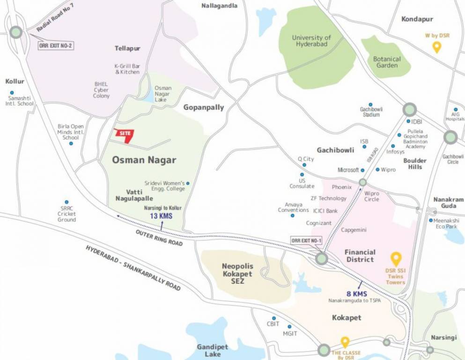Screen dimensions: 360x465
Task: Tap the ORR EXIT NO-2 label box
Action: click(x=56, y=46)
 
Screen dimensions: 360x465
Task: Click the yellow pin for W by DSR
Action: click(x=436, y=47)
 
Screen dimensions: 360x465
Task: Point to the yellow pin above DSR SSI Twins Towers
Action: click(x=396, y=259)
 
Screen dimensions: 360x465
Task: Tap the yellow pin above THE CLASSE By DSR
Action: click(x=345, y=342)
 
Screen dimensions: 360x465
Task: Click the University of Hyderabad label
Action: click(x=311, y=41)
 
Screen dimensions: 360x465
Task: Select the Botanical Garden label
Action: click(x=387, y=62)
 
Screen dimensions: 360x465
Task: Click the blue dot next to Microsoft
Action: click(x=362, y=170)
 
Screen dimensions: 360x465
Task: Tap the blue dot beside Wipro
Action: click(x=377, y=169)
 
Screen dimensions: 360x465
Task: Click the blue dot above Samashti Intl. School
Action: click(x=12, y=93)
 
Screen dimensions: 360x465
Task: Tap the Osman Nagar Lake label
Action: click(x=163, y=94)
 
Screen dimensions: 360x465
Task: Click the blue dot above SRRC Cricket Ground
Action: click(x=66, y=202)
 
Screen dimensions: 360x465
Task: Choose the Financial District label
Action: click(x=360, y=255)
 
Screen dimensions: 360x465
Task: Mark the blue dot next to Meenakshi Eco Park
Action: click(x=431, y=220)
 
